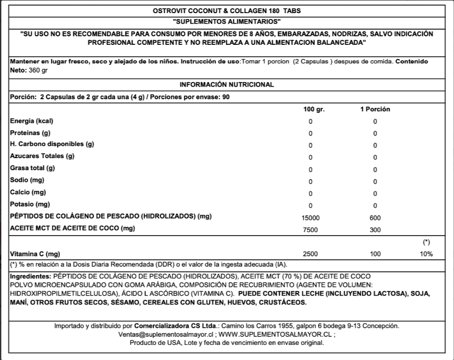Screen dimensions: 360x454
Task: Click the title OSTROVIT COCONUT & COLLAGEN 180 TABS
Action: pos(227,11)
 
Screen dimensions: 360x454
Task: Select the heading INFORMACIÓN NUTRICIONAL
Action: pos(227,85)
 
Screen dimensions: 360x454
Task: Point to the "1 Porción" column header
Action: pos(375,109)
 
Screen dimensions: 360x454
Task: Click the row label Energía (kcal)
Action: pos(32,121)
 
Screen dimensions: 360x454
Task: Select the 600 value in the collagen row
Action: pos(375,218)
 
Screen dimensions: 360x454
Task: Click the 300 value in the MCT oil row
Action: pos(375,230)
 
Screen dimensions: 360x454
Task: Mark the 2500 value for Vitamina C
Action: pos(311,254)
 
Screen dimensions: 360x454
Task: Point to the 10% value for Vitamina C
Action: pos(426,254)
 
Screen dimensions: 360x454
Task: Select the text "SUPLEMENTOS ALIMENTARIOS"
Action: pos(227,22)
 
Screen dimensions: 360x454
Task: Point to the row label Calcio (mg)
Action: pos(28,192)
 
